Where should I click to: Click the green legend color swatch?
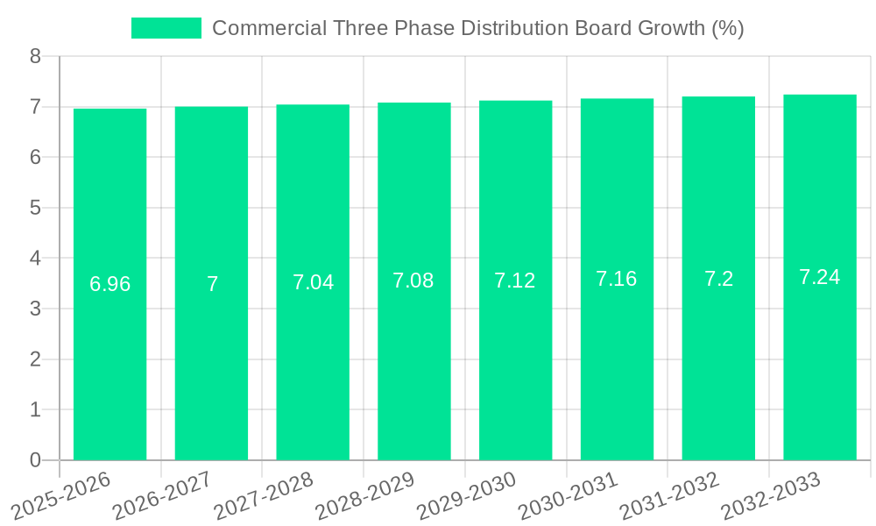click(x=166, y=28)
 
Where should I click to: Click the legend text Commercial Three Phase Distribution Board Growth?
click(x=477, y=28)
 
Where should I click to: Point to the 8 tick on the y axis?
click(x=35, y=56)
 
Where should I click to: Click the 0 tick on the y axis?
click(x=35, y=460)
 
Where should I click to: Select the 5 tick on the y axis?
click(x=35, y=208)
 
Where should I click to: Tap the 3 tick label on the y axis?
click(x=35, y=309)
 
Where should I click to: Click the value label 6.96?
click(x=109, y=284)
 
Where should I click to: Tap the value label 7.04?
click(x=313, y=282)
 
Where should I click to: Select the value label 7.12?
click(x=515, y=281)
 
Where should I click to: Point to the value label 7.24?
click(x=819, y=277)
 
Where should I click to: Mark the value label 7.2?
click(x=718, y=279)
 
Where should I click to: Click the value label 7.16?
click(x=617, y=279)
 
